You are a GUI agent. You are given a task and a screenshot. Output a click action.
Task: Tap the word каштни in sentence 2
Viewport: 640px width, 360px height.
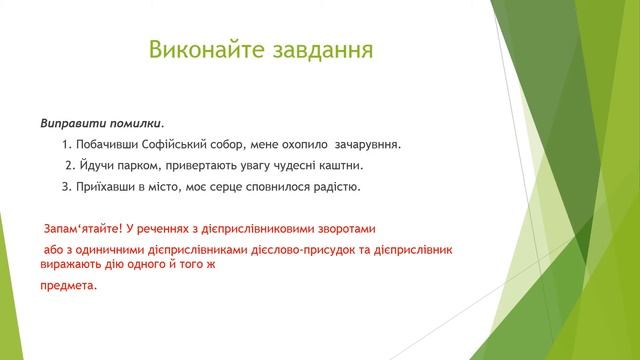point(340,165)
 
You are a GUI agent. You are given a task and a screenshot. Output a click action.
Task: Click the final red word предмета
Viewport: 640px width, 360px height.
point(69,285)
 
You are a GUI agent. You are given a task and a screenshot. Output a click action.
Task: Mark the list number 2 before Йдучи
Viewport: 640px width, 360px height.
point(68,165)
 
